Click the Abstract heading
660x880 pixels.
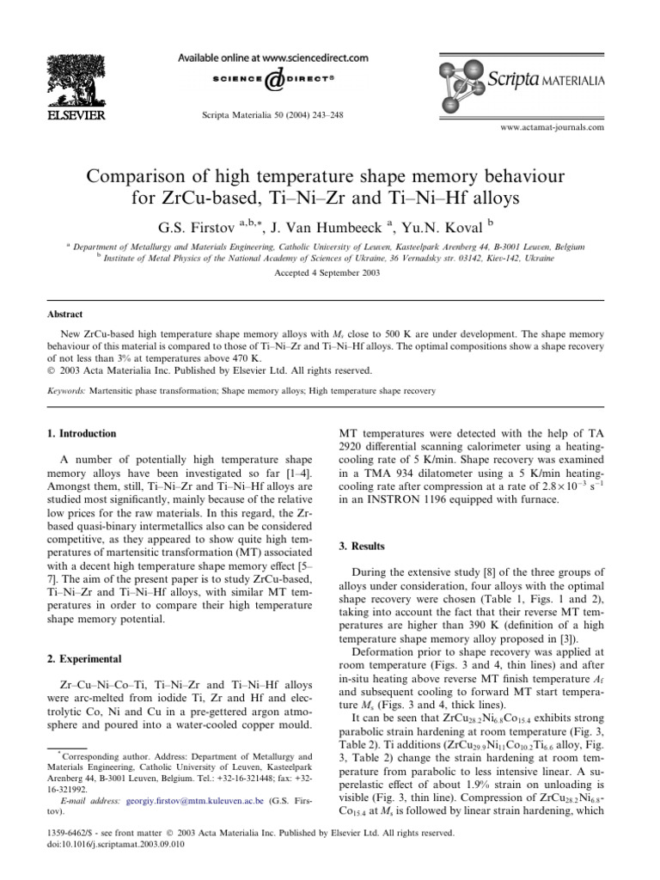[64, 316]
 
